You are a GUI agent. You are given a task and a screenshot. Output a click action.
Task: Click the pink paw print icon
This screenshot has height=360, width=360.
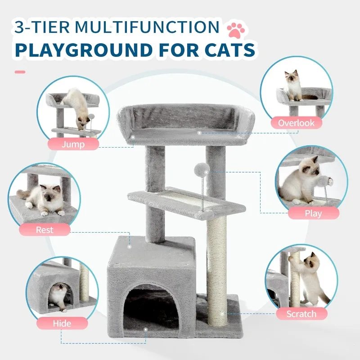point(236,30)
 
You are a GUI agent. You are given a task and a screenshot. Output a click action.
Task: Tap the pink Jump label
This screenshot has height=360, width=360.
point(73,144)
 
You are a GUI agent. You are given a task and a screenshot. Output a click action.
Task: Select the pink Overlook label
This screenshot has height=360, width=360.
point(296,123)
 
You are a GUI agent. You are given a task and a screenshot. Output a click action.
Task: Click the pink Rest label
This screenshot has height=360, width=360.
point(45,229)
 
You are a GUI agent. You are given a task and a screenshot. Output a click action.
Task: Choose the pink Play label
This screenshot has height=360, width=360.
point(313,213)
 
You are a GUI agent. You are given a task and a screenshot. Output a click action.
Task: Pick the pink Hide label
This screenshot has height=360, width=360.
point(62,323)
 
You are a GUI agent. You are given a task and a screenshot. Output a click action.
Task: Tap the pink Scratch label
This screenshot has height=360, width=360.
point(301,314)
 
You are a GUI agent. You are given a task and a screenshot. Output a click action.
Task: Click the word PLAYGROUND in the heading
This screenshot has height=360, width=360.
point(84,50)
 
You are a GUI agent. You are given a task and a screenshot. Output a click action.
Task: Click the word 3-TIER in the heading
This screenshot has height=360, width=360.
point(42,27)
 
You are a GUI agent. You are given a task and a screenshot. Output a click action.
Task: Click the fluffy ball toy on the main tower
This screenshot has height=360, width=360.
point(202,169)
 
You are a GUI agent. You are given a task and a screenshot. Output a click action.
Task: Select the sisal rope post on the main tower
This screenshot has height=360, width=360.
point(216,270)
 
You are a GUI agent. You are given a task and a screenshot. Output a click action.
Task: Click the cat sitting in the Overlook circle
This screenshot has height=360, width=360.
point(293,85)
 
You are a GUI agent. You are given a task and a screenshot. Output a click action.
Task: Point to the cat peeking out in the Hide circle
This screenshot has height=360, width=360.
point(58,297)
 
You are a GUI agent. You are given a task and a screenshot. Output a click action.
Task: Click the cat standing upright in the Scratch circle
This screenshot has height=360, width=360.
point(309,278)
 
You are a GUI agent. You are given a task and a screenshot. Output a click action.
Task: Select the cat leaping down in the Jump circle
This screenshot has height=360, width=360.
point(77,108)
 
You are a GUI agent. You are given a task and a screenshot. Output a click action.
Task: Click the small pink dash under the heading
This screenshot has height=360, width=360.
point(20,72)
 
